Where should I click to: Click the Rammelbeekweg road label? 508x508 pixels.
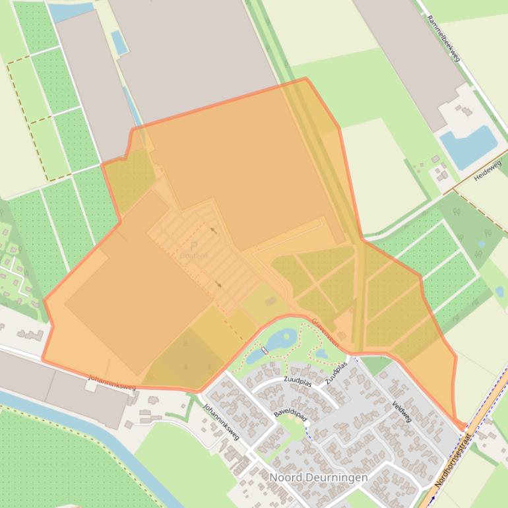[443, 40]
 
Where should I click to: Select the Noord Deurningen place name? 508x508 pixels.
[318, 477]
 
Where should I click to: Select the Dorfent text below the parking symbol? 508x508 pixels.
[194, 256]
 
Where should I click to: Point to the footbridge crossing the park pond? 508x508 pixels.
[264, 350]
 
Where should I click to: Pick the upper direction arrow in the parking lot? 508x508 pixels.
[212, 230]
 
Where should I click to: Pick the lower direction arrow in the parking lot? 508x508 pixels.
[218, 285]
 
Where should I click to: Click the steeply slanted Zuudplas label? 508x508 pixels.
[336, 373]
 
